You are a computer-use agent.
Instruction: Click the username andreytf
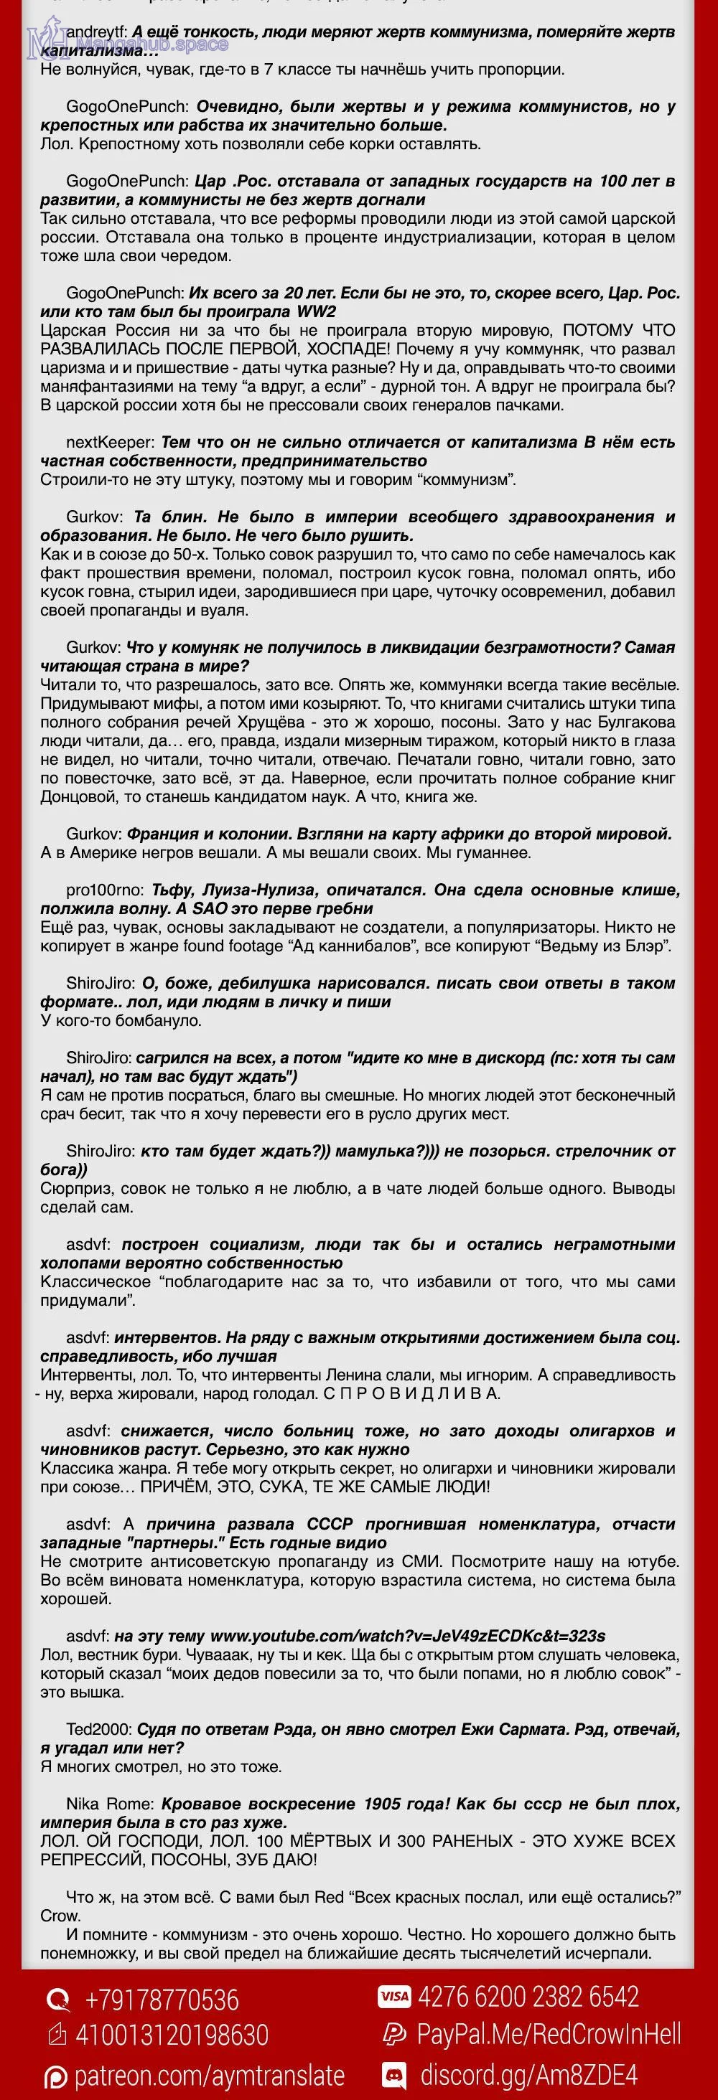[96, 32]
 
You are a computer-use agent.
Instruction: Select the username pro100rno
[104, 890]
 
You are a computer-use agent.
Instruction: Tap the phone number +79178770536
[162, 2000]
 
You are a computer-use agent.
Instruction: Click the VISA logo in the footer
[393, 1997]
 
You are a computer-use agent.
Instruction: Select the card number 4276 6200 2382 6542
[528, 1997]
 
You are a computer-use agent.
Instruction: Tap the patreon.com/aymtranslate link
[209, 2075]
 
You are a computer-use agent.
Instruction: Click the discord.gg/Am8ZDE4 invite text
[528, 2074]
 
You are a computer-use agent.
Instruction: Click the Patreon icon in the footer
[55, 2076]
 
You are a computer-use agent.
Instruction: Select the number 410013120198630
[172, 2035]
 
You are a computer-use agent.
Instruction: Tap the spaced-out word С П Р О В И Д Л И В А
[411, 1393]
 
